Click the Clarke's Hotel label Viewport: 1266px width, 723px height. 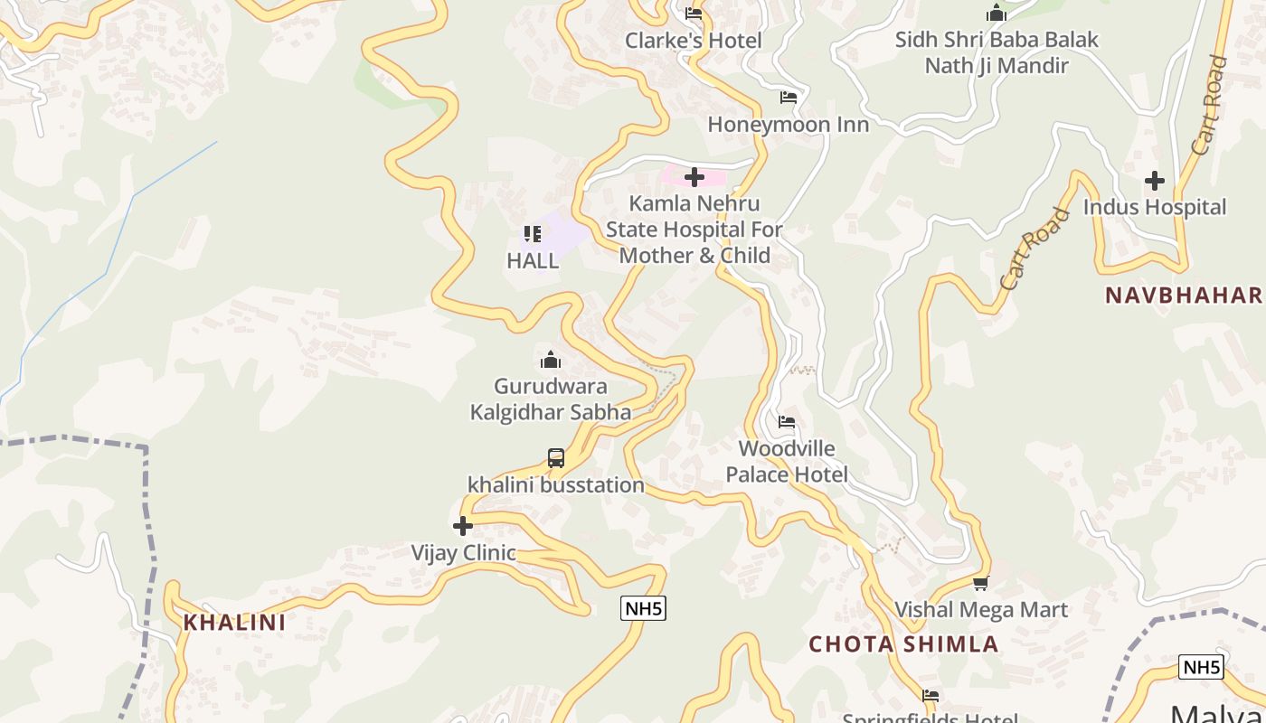coord(694,41)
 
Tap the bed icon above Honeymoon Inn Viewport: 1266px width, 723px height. coord(789,98)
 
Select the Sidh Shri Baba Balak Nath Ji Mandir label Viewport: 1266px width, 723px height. coord(997,52)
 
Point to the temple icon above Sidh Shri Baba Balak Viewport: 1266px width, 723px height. coord(997,14)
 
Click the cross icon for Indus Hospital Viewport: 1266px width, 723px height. coord(1155,181)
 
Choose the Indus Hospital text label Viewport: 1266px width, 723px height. coord(1155,207)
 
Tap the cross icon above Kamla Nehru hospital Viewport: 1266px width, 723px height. coord(694,177)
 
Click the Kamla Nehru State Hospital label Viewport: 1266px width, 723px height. coord(694,230)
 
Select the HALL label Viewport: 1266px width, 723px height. coord(533,261)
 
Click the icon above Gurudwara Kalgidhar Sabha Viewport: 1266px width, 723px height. coord(550,361)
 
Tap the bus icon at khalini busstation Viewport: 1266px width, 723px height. coord(556,458)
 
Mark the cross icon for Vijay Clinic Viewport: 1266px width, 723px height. coord(463,526)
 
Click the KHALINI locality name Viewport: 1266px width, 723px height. coord(234,623)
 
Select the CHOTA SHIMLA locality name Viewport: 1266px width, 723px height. coord(903,644)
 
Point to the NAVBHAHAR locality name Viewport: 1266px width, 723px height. coord(1183,296)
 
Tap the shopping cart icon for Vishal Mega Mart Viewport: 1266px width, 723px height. coord(981,584)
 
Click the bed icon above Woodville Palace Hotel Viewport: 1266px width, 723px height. coord(787,422)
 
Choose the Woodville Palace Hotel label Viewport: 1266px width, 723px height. coord(787,462)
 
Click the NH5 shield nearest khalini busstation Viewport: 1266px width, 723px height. coord(644,608)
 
